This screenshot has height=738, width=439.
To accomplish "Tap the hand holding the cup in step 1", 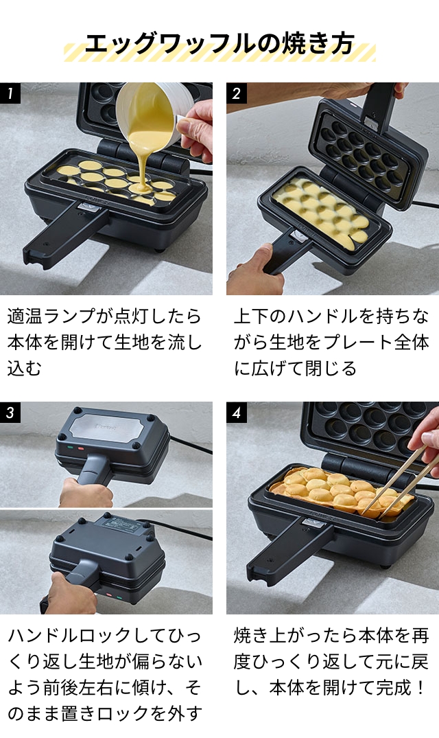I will pos(196,130).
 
